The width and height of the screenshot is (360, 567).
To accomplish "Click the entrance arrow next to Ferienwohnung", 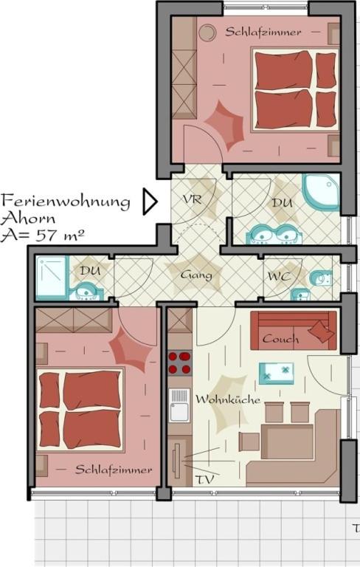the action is click(x=150, y=202).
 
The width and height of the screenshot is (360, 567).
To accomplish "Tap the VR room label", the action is click(x=192, y=199).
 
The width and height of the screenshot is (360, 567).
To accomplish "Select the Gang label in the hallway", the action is click(x=196, y=275).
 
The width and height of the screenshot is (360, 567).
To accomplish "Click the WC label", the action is click(x=279, y=277).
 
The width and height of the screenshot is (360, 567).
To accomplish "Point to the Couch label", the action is click(x=280, y=339).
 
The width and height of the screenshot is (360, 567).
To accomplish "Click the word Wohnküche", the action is click(x=228, y=399).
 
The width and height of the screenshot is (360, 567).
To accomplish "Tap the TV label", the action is click(x=204, y=479).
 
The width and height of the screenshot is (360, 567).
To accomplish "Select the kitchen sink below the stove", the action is click(x=179, y=405).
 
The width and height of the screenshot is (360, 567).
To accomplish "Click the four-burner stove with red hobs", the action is click(x=179, y=362).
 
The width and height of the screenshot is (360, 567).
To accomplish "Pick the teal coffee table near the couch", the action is click(x=276, y=374).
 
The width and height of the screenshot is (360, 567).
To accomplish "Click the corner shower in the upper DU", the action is click(x=321, y=193).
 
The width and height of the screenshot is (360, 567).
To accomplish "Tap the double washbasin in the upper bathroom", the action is click(x=274, y=234).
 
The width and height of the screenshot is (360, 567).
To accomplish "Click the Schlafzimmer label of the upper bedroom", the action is click(x=263, y=32).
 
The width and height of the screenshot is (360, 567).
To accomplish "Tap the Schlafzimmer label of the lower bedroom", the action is click(x=114, y=470).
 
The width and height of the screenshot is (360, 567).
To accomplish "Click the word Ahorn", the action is click(x=28, y=219).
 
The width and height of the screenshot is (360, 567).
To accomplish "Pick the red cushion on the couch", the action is click(x=321, y=331).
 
